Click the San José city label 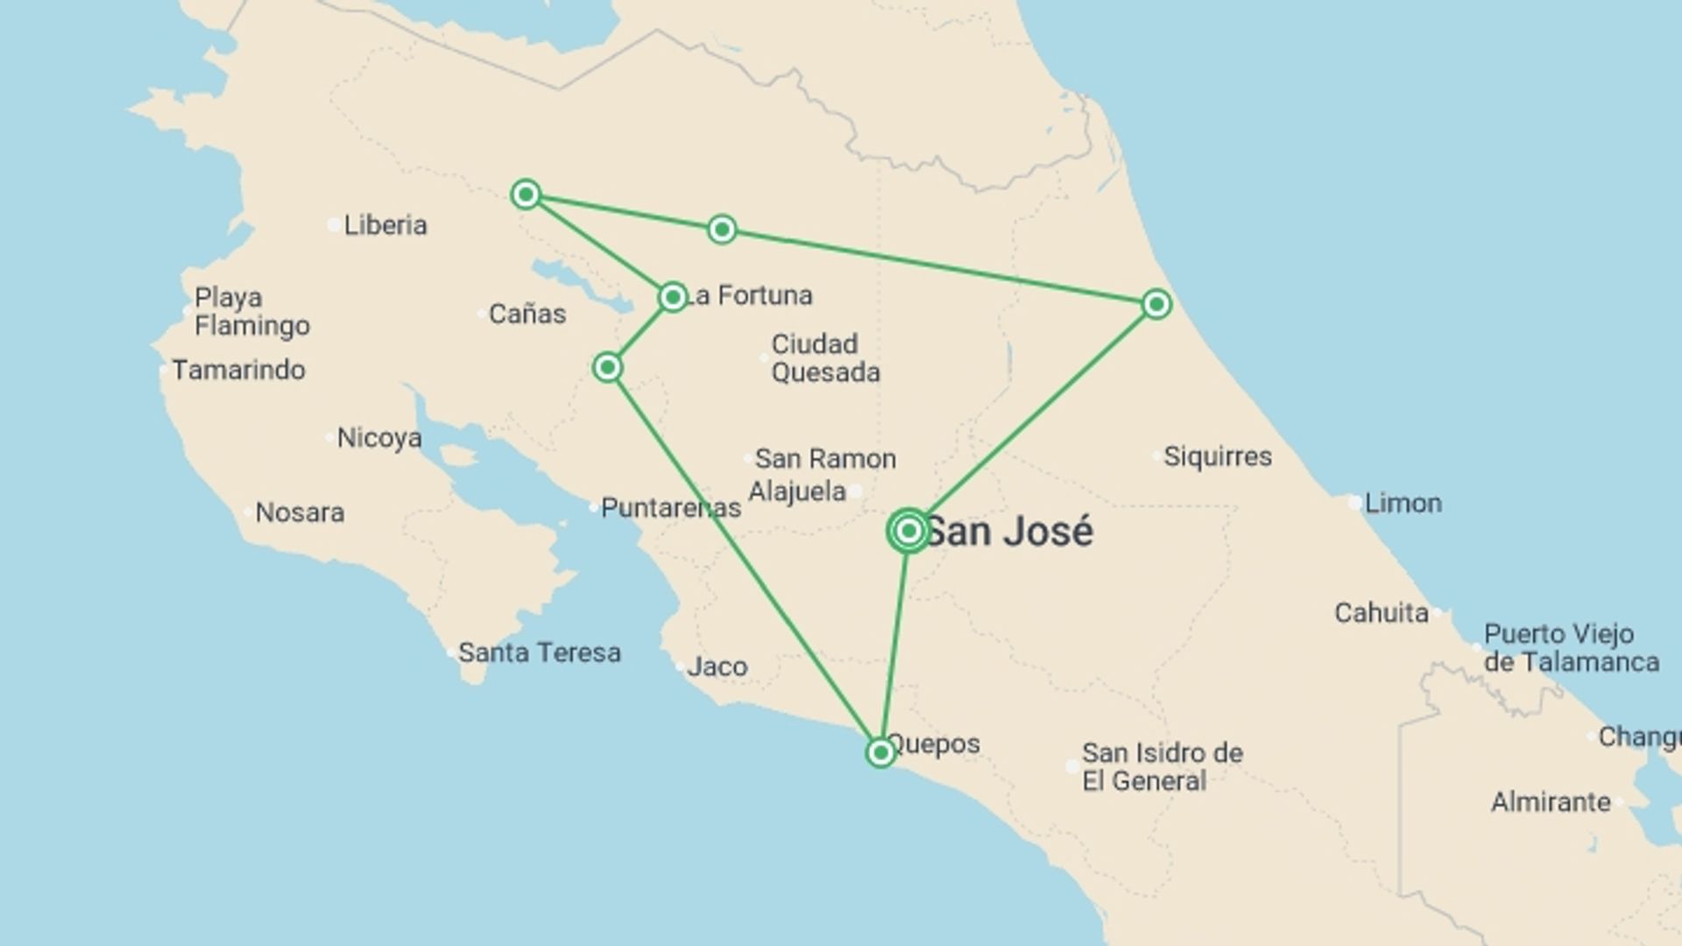click(x=1009, y=532)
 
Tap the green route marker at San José click(x=908, y=531)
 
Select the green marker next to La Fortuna click(x=672, y=297)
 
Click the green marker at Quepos click(x=880, y=752)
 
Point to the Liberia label click(x=385, y=225)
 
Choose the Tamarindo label click(x=238, y=371)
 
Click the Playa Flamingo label click(x=251, y=311)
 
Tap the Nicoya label click(x=379, y=438)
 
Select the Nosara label click(x=300, y=512)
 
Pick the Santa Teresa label click(x=540, y=653)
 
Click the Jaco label click(x=717, y=667)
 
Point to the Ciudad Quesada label click(x=825, y=358)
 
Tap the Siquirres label click(x=1218, y=456)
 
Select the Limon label click(x=1403, y=504)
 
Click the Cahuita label click(x=1382, y=613)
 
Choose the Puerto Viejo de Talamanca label click(x=1571, y=647)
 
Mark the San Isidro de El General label click(x=1162, y=766)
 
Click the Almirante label click(x=1551, y=802)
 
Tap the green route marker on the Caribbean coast click(x=1156, y=304)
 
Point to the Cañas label click(x=527, y=314)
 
